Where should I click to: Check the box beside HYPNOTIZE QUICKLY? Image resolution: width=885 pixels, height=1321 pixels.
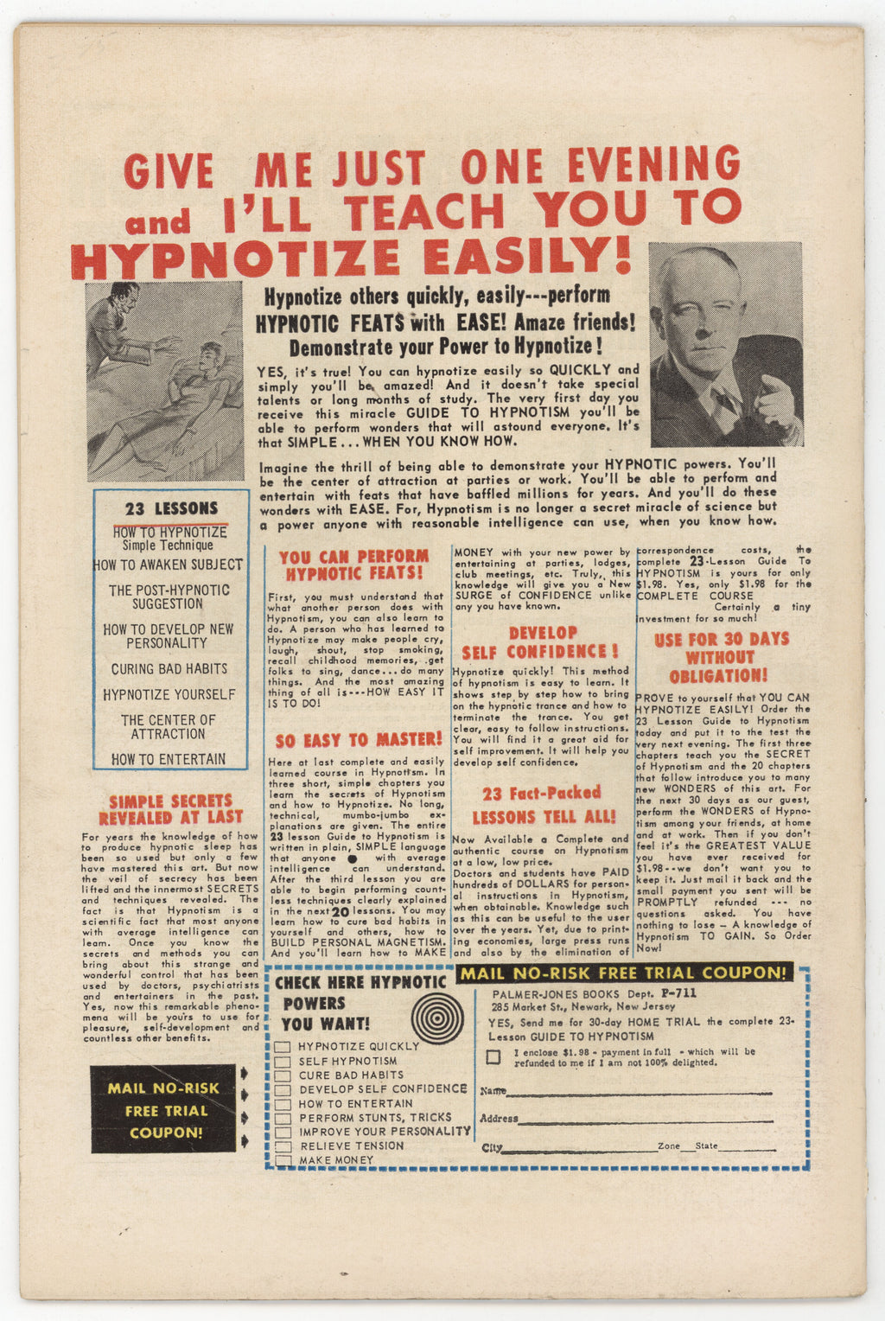pos(283,1047)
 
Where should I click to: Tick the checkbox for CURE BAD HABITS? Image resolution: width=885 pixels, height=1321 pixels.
pos(283,1075)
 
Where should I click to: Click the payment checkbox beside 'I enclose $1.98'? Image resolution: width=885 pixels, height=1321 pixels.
pos(493,1056)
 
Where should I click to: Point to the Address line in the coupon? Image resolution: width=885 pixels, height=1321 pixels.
pos(657,1122)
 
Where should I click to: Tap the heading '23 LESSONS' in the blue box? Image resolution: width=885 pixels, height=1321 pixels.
pos(171,509)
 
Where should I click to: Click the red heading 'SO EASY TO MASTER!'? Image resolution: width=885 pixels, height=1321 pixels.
pos(359,740)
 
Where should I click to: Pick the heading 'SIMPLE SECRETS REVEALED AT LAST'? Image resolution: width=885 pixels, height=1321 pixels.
pos(171,809)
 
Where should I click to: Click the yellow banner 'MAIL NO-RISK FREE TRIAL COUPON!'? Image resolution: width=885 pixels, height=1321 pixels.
pos(624,973)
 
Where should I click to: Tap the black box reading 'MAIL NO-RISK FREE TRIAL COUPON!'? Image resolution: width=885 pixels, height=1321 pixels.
pos(163,1110)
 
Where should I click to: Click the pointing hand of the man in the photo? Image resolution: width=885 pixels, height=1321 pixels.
pos(775,402)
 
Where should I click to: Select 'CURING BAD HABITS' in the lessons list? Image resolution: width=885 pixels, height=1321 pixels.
pos(169,669)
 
